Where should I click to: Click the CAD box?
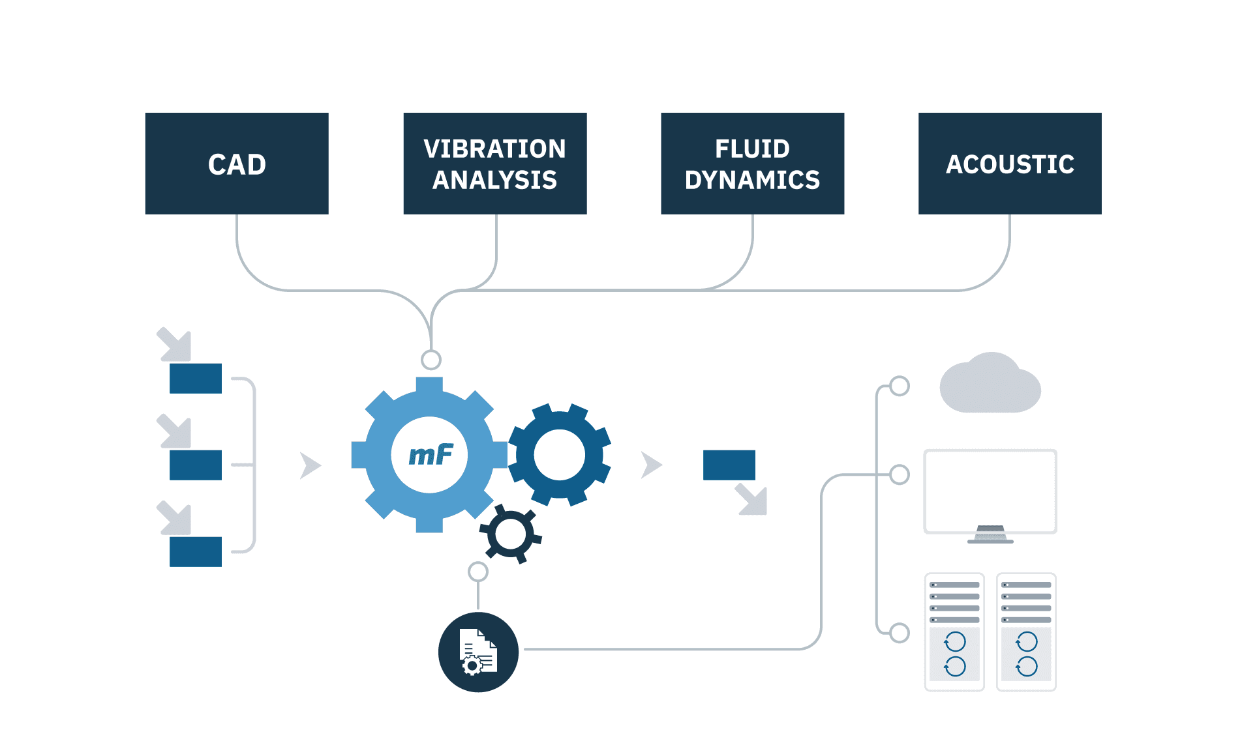[237, 164]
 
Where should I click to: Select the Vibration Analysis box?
[495, 164]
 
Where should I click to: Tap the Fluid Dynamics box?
[752, 164]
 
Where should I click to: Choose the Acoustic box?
[1010, 164]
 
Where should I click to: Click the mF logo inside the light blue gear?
[430, 455]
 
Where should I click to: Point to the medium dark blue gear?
[560, 454]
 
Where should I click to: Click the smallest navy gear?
[511, 534]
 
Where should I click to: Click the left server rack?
[954, 632]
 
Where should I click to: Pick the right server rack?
[1026, 632]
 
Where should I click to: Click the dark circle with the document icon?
[478, 652]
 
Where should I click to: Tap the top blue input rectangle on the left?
[196, 378]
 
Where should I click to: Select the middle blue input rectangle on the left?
[196, 465]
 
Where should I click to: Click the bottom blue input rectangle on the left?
[196, 551]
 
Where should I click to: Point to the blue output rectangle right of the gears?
[729, 465]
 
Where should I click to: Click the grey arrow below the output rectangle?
[753, 500]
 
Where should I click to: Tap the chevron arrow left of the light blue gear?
[310, 465]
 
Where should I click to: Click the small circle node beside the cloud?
[900, 386]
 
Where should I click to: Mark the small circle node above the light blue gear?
[431, 359]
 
